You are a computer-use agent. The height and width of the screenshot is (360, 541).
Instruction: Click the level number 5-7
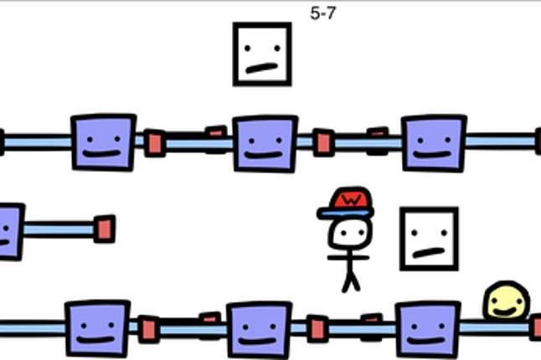coord(323,13)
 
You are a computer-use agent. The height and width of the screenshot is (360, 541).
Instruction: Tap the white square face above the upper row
coord(262,54)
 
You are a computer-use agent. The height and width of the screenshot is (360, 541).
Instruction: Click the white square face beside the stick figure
coord(429,239)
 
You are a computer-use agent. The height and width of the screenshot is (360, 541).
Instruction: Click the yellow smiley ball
coord(507,301)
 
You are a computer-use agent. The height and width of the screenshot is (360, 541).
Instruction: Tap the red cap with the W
coord(351,198)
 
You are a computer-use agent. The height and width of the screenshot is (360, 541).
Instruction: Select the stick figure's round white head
coord(350,234)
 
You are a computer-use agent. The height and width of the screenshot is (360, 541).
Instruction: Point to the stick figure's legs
coord(351,281)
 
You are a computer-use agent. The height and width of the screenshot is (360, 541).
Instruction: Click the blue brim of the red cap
coord(345,213)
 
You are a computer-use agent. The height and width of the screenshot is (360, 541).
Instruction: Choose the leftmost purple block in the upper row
coord(103,142)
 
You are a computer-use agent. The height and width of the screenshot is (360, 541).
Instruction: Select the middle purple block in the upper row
coord(265,144)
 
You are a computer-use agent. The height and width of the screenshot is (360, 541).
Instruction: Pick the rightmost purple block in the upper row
coord(434,143)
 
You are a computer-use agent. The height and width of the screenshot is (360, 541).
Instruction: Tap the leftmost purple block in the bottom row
coord(97,329)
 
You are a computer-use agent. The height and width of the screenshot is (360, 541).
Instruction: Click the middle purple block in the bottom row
coord(259,330)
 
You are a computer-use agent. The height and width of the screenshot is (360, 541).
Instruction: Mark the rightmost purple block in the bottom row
coord(428,329)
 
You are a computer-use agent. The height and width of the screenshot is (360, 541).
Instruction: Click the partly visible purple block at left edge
coord(10,232)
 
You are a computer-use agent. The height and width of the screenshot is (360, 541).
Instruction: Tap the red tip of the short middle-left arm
coord(105,229)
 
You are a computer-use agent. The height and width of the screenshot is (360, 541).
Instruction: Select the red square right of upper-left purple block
coord(155,143)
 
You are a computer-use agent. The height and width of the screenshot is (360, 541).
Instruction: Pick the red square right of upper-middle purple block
coord(323,142)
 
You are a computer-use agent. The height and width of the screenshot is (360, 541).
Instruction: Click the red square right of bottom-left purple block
coord(149,329)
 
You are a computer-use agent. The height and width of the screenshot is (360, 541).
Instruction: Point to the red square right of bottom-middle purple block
coord(317,329)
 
